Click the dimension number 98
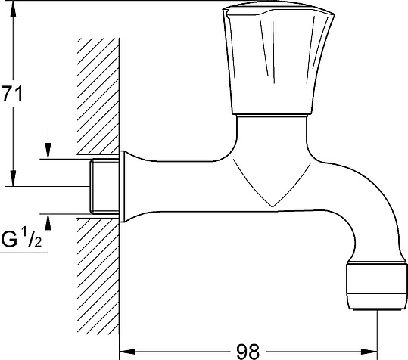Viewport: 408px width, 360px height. (x=246, y=350)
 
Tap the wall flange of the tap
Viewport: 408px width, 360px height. (x=120, y=186)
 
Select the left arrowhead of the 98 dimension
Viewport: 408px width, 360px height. (x=127, y=350)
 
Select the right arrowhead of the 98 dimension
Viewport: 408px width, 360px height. (x=371, y=350)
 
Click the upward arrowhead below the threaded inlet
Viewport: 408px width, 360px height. (x=48, y=221)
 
